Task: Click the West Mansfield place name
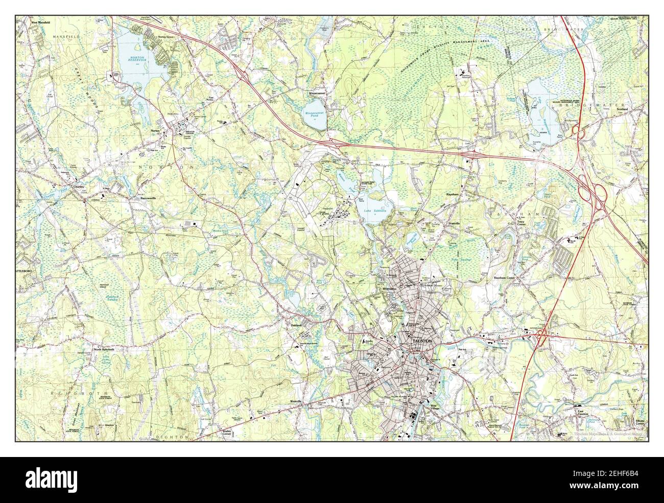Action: [42, 23]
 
